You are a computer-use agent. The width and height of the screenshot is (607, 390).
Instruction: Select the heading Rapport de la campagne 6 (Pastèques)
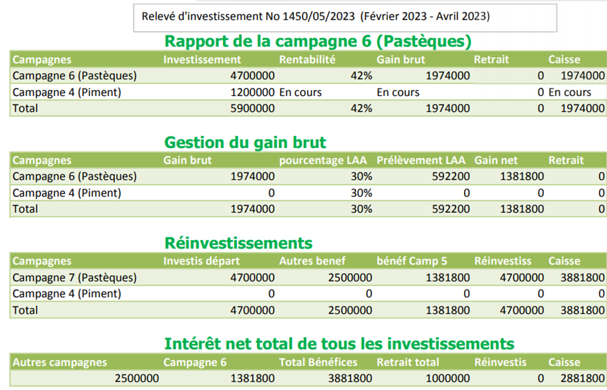[318, 41]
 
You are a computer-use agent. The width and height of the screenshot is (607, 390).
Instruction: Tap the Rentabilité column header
[308, 59]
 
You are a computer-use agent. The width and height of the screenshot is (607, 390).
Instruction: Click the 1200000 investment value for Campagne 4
[252, 92]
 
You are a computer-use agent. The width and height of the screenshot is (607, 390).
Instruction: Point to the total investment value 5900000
[252, 108]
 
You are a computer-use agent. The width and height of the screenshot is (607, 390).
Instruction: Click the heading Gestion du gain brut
[245, 142]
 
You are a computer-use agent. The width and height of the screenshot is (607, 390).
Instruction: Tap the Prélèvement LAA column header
[421, 160]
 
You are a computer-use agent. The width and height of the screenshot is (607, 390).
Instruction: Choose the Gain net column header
[496, 160]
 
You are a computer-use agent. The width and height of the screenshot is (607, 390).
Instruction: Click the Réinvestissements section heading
[238, 243]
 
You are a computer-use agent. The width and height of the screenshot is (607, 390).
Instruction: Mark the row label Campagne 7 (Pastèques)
[75, 277]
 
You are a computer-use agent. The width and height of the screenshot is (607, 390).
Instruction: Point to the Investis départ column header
[202, 260]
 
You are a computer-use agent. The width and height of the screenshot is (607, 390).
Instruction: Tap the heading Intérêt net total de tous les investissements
[339, 344]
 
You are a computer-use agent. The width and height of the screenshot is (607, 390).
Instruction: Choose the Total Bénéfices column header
[318, 362]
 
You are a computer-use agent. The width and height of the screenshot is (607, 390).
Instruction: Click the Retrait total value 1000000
[447, 379]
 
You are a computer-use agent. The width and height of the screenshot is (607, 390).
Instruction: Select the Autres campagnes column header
[60, 362]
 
